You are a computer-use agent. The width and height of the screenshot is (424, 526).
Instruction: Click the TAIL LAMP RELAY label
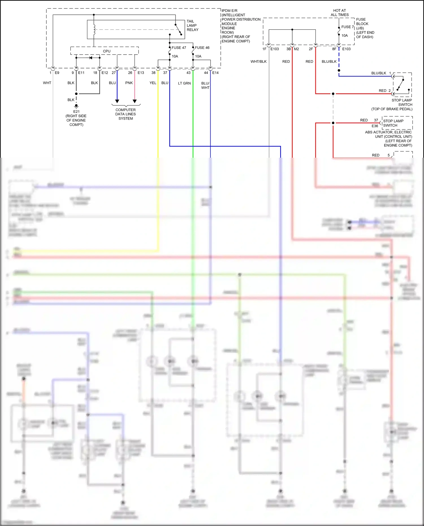coord(192,25)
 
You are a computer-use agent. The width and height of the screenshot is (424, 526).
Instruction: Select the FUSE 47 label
coord(179,48)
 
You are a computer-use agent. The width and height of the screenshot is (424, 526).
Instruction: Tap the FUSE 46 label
coord(202,48)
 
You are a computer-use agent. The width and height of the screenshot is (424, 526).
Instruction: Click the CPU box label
coord(107,51)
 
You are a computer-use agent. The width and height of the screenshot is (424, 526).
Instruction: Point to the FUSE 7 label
coord(347,27)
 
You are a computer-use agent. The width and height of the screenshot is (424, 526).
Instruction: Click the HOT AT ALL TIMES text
coord(339,13)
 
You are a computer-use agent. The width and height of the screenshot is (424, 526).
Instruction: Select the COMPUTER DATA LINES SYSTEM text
coord(126,114)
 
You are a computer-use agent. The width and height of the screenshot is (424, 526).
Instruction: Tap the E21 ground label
coord(76,112)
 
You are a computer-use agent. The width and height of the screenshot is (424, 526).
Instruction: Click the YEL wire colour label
coord(153,83)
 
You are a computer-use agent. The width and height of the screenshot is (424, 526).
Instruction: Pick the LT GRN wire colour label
coord(184,83)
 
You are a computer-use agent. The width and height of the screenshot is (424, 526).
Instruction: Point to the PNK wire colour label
coord(129,83)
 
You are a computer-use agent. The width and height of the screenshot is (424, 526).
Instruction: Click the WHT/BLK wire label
coord(258,62)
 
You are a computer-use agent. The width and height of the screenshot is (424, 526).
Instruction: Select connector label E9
coord(57,73)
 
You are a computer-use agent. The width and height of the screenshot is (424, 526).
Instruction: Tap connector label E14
coord(215,73)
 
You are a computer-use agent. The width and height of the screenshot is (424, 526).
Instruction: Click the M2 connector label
coord(296,49)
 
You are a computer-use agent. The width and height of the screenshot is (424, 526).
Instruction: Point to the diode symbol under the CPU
coord(90,58)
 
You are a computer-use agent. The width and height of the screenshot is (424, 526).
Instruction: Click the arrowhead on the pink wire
coord(135,101)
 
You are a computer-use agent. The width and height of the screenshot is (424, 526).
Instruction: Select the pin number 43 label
coord(188,73)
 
